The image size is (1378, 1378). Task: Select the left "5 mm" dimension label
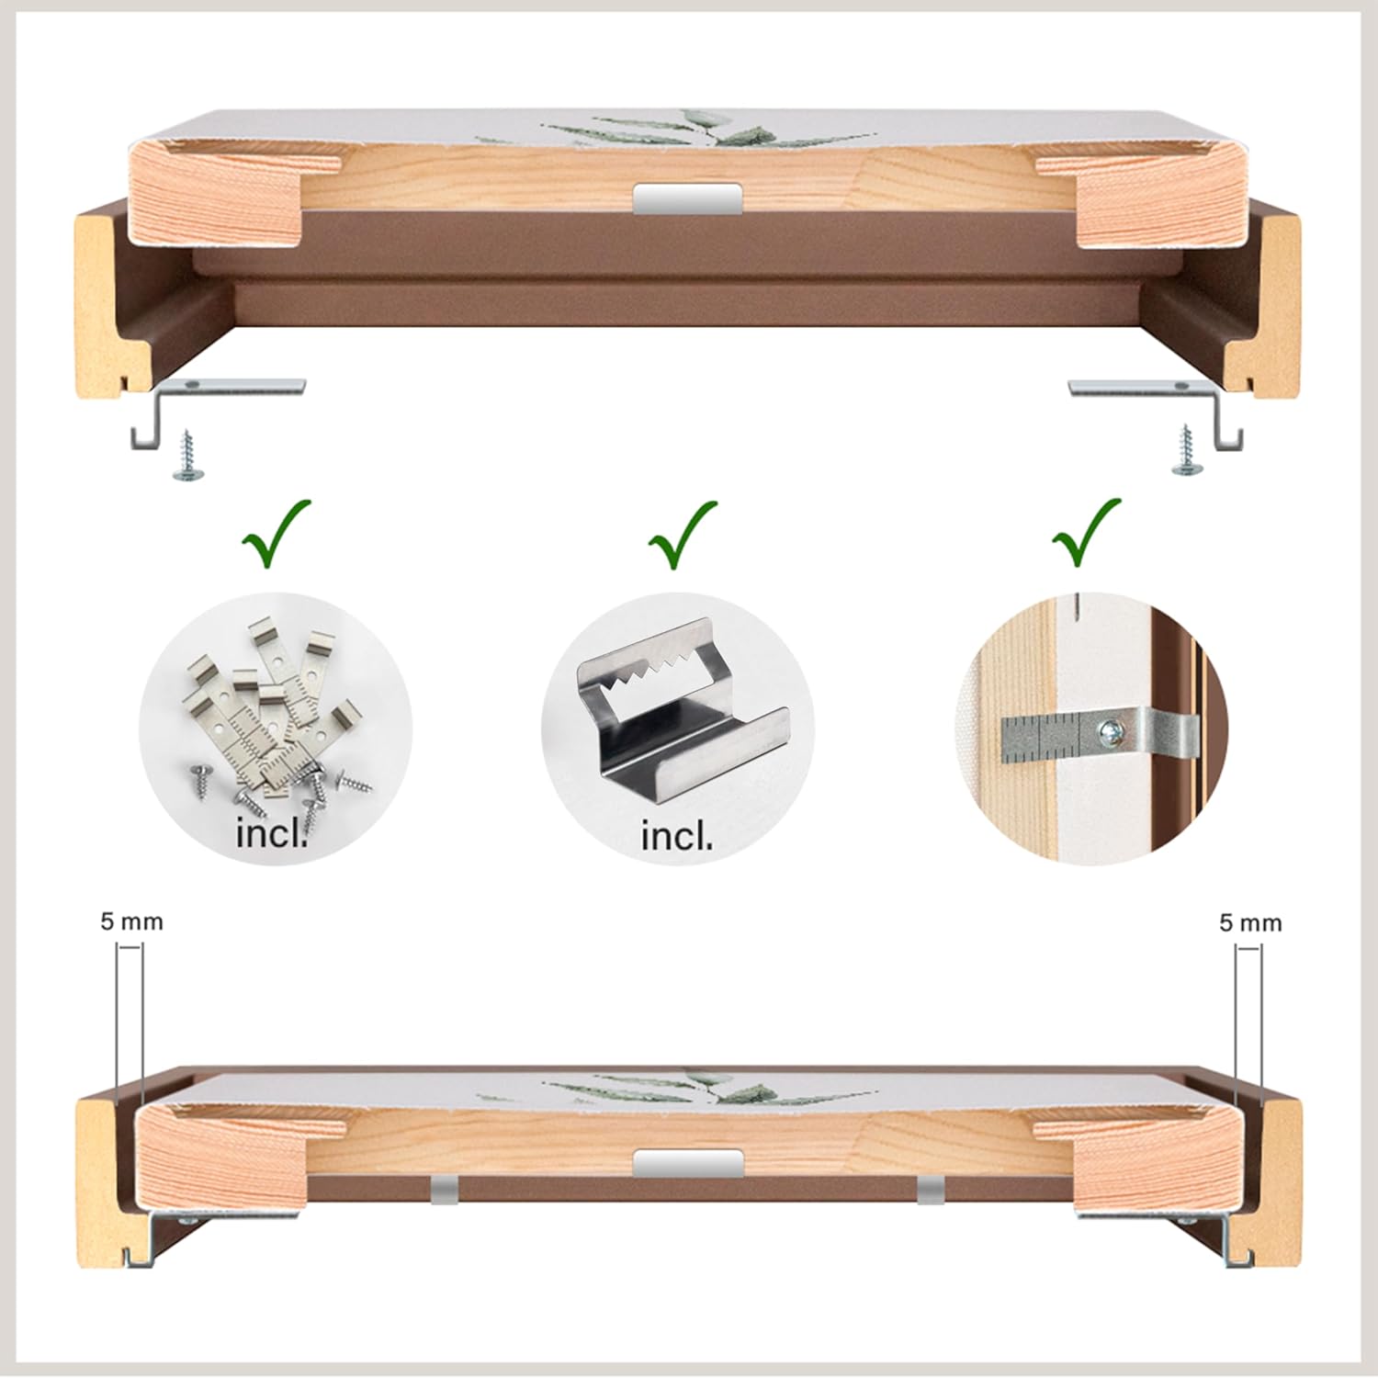click(x=132, y=921)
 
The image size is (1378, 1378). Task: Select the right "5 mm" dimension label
click(x=1250, y=922)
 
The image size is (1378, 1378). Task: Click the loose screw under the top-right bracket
click(x=1187, y=450)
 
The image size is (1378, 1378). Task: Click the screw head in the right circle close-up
click(x=1113, y=731)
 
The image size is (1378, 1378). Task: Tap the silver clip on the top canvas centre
click(x=687, y=198)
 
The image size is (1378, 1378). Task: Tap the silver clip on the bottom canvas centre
click(x=687, y=1163)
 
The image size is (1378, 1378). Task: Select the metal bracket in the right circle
click(x=1098, y=734)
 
